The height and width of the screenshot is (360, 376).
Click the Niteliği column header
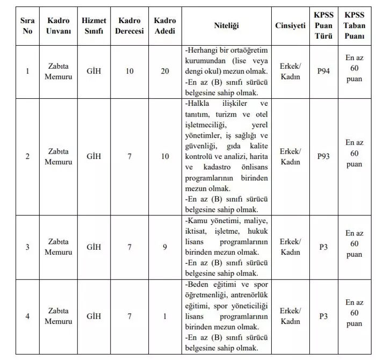point(226,25)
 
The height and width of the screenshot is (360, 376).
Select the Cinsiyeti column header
point(290,25)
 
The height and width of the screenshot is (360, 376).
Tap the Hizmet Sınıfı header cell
point(94,25)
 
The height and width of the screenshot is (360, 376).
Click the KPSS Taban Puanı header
point(354,25)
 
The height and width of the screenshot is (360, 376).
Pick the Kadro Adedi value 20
point(165,71)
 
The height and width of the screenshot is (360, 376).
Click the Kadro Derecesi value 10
point(129,71)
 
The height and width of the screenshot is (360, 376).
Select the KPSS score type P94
point(323,71)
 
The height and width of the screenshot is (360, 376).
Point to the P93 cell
point(323,156)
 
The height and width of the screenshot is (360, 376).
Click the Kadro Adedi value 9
point(165,247)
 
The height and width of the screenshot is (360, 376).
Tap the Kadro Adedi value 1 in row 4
point(165,316)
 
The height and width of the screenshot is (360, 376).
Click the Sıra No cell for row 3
point(27,247)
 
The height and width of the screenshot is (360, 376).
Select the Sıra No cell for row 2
point(27,156)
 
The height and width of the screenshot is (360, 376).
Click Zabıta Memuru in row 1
point(58,71)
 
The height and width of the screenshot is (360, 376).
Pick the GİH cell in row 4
point(94,316)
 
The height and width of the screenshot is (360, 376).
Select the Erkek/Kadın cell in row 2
point(290,156)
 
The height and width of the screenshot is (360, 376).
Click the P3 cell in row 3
point(323,247)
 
